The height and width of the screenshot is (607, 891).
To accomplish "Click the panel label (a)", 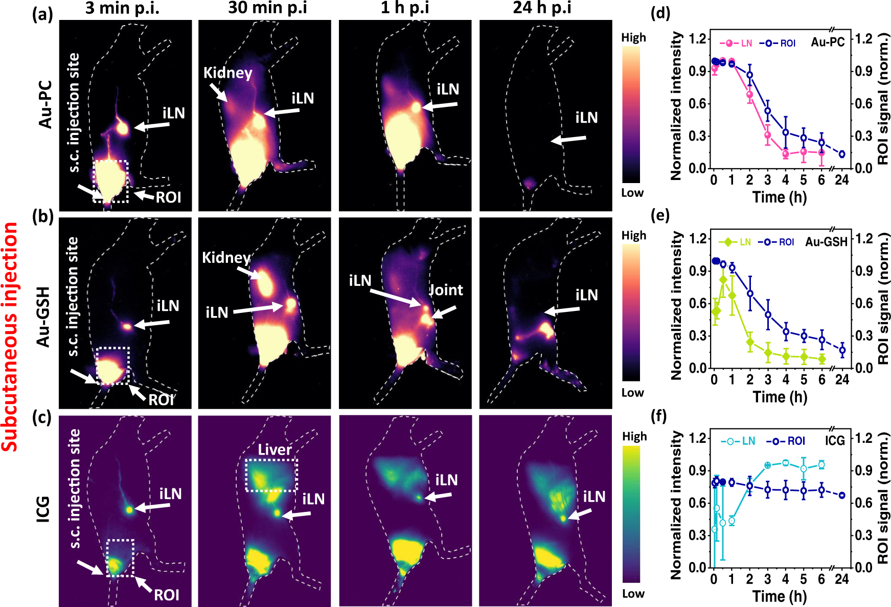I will [42, 15].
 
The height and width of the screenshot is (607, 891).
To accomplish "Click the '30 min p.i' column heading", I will [267, 8].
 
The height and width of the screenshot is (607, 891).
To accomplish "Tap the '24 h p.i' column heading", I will [542, 8].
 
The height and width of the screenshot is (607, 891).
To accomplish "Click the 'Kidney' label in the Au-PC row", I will [228, 73].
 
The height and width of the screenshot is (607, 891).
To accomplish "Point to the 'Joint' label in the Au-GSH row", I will [446, 290].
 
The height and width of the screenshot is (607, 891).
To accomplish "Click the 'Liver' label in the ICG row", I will [275, 450].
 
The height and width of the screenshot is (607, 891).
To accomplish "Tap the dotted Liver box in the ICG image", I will [271, 475].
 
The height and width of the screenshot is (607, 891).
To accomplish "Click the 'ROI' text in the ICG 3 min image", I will [167, 595].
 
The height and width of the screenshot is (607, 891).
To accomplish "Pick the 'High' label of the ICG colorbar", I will [634, 437].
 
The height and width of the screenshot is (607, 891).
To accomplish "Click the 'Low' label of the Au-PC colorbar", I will [632, 193].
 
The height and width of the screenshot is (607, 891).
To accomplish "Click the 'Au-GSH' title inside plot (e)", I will [826, 242].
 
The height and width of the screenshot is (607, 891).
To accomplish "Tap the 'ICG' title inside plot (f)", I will [835, 440].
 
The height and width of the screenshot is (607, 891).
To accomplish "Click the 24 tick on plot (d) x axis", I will [841, 180].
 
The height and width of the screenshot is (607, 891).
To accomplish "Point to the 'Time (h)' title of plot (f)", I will [780, 596].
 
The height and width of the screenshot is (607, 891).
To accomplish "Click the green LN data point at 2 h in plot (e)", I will [750, 342].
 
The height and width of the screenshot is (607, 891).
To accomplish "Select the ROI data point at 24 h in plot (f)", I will [842, 495].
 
